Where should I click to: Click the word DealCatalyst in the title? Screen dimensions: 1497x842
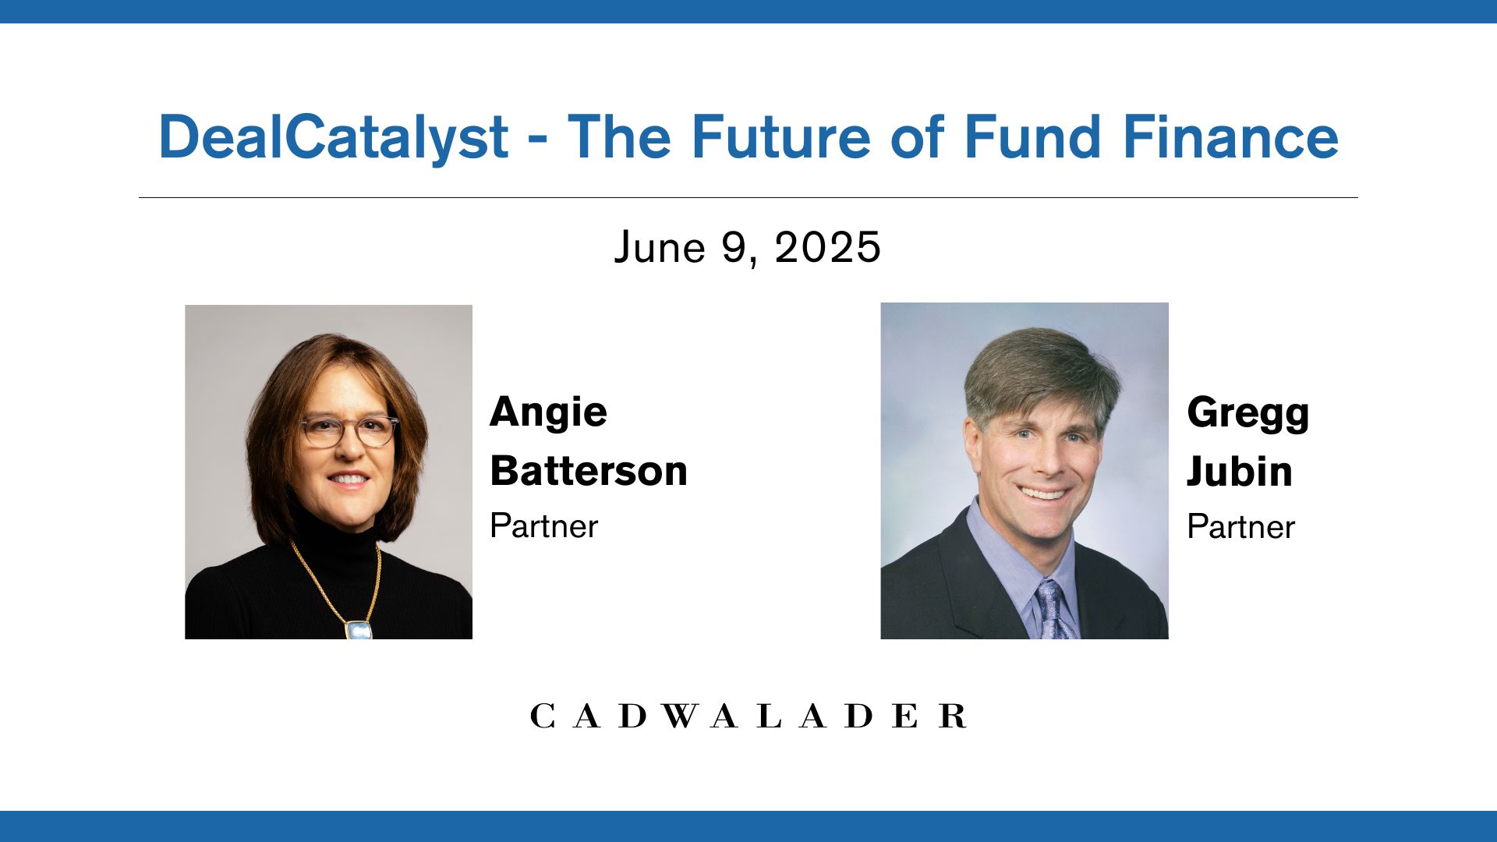pos(334,137)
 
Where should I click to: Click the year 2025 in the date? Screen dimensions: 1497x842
pos(827,248)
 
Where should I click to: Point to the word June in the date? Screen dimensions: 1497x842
pos(660,248)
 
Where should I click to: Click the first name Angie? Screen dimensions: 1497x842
pos(548,413)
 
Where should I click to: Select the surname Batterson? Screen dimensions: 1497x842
pos(589,471)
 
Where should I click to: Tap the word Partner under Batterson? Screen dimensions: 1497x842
pos(543,526)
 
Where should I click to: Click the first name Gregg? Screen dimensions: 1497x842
pos(1247,414)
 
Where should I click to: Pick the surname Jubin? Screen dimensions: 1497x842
pos(1239,472)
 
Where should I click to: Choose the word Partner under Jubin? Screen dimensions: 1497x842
pos(1240,527)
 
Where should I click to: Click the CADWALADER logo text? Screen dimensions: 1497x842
pos(748,716)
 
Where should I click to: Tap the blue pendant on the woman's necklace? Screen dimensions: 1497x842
pos(359,630)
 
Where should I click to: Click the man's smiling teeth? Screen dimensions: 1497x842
pos(1044,493)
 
